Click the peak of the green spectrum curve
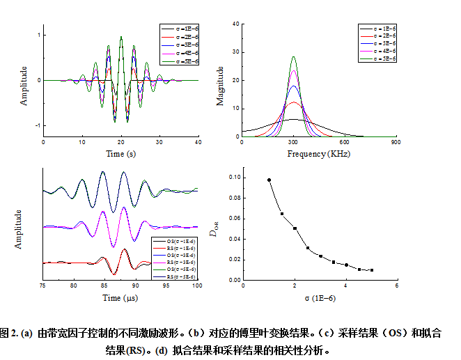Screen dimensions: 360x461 pos(293,57)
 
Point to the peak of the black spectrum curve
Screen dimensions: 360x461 pos(293,120)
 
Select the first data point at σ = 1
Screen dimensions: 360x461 pos(269,180)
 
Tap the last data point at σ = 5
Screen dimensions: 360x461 pos(372,270)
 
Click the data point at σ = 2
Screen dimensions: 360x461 pos(295,228)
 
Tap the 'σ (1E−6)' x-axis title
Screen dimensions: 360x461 pos(320,297)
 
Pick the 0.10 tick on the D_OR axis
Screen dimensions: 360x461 pos(234,178)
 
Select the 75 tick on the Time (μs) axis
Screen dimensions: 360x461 pos(43,286)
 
